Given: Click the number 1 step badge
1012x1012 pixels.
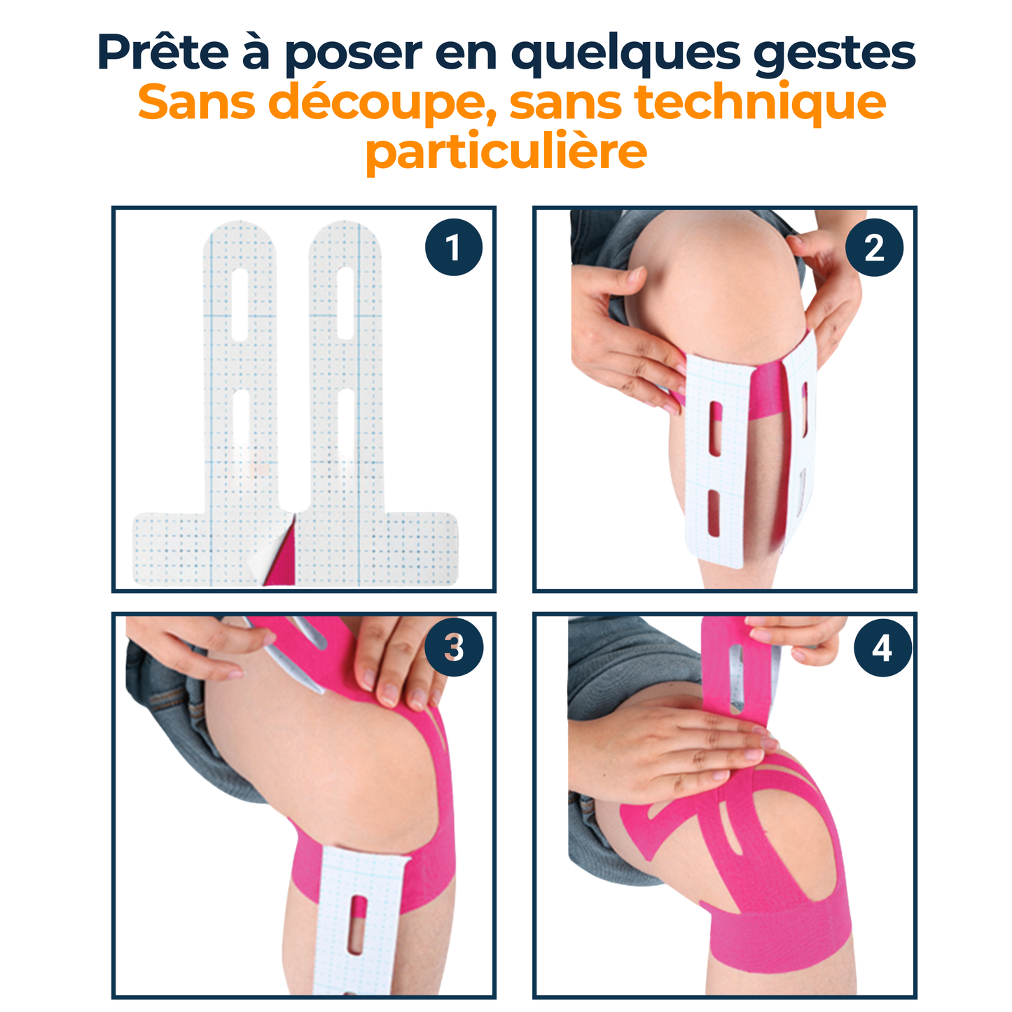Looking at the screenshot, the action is pos(453,247).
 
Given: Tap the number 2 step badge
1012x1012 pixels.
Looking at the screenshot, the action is pos(874,247).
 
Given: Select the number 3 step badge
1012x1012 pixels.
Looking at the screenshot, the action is pos(453,647).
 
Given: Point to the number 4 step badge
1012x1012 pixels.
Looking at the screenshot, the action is pos(882,648).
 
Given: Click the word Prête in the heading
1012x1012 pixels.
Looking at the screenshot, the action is pos(163,52).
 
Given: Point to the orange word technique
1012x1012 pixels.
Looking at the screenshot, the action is pos(760,102).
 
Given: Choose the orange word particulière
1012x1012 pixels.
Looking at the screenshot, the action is pos(506,152).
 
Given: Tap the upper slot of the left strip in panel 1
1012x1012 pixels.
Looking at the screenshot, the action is pos(240,304).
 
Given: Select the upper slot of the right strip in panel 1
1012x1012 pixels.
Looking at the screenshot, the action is pos(345,303).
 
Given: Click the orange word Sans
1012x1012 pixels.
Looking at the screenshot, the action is pos(196,102).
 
